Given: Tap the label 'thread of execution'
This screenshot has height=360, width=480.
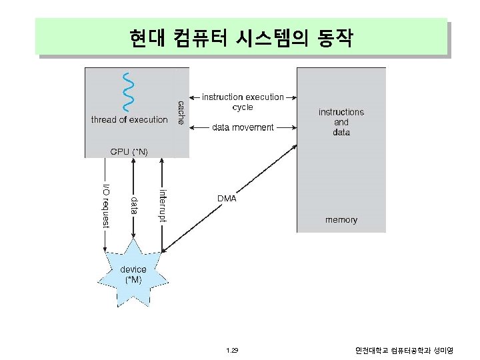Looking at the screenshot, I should (x=129, y=120).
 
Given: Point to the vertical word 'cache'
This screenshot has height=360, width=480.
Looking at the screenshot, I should (x=181, y=112).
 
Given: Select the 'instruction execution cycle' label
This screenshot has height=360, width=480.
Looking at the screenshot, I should (x=243, y=102).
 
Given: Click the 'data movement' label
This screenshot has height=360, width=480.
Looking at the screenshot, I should (x=243, y=127).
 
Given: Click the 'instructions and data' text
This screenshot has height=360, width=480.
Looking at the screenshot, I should (x=341, y=122).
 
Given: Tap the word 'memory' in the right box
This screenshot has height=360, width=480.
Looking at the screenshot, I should (x=341, y=219).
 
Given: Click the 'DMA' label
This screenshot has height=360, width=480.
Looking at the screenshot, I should (x=227, y=198).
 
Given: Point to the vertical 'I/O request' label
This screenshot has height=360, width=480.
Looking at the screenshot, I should (x=105, y=204).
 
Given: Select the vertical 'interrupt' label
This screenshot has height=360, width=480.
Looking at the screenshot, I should (x=163, y=205).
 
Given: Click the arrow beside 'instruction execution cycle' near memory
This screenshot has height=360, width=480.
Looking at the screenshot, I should (x=291, y=97).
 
